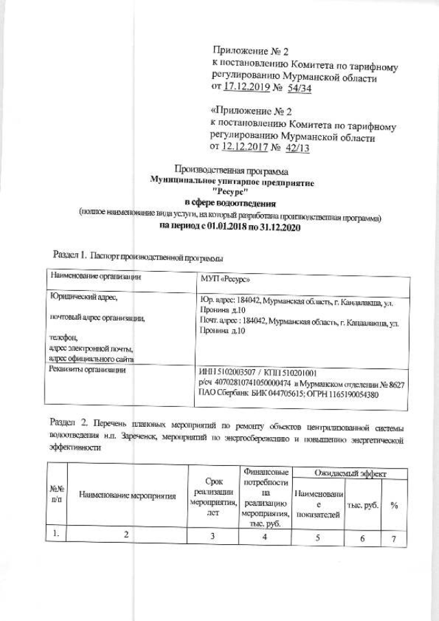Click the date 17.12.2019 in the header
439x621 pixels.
coord(248,90)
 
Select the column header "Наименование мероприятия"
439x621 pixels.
coord(126,495)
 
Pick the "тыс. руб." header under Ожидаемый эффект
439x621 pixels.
coord(364,504)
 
